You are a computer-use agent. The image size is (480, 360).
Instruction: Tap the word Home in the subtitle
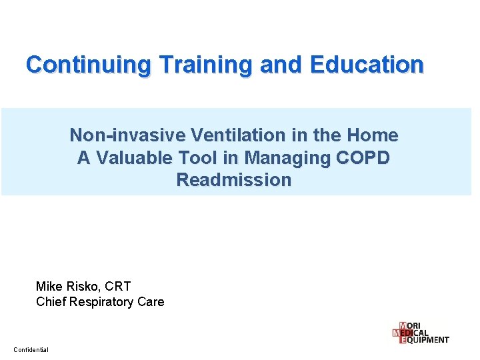[373, 136]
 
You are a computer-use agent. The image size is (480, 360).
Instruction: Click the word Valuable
[137, 158]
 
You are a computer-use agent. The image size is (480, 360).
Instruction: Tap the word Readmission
[234, 180]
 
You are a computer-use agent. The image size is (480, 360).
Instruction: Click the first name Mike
[49, 286]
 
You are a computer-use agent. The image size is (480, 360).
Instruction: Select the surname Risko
[83, 286]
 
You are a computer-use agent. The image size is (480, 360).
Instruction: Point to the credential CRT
[119, 286]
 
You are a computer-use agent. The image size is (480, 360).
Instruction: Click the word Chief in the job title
[51, 302]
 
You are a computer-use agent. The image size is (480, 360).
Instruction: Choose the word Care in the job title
[151, 302]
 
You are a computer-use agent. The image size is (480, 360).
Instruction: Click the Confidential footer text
[31, 350]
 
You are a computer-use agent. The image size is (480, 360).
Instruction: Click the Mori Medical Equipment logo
[421, 332]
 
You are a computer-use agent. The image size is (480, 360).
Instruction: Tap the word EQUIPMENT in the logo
[427, 340]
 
